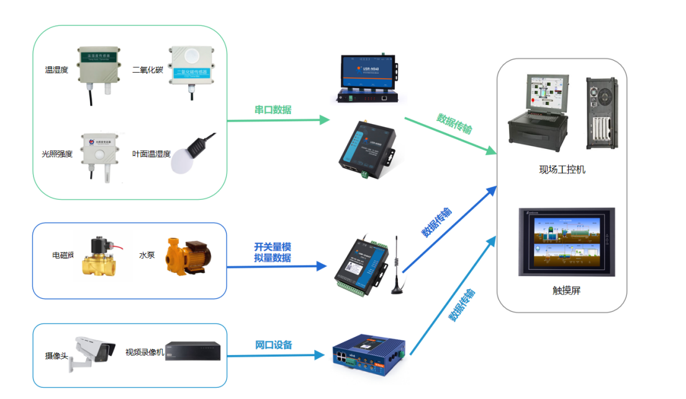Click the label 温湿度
(56, 70)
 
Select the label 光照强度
(57, 154)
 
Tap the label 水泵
(147, 255)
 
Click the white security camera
(93, 352)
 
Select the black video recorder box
(193, 351)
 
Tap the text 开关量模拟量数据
(273, 252)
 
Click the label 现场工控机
(562, 169)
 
